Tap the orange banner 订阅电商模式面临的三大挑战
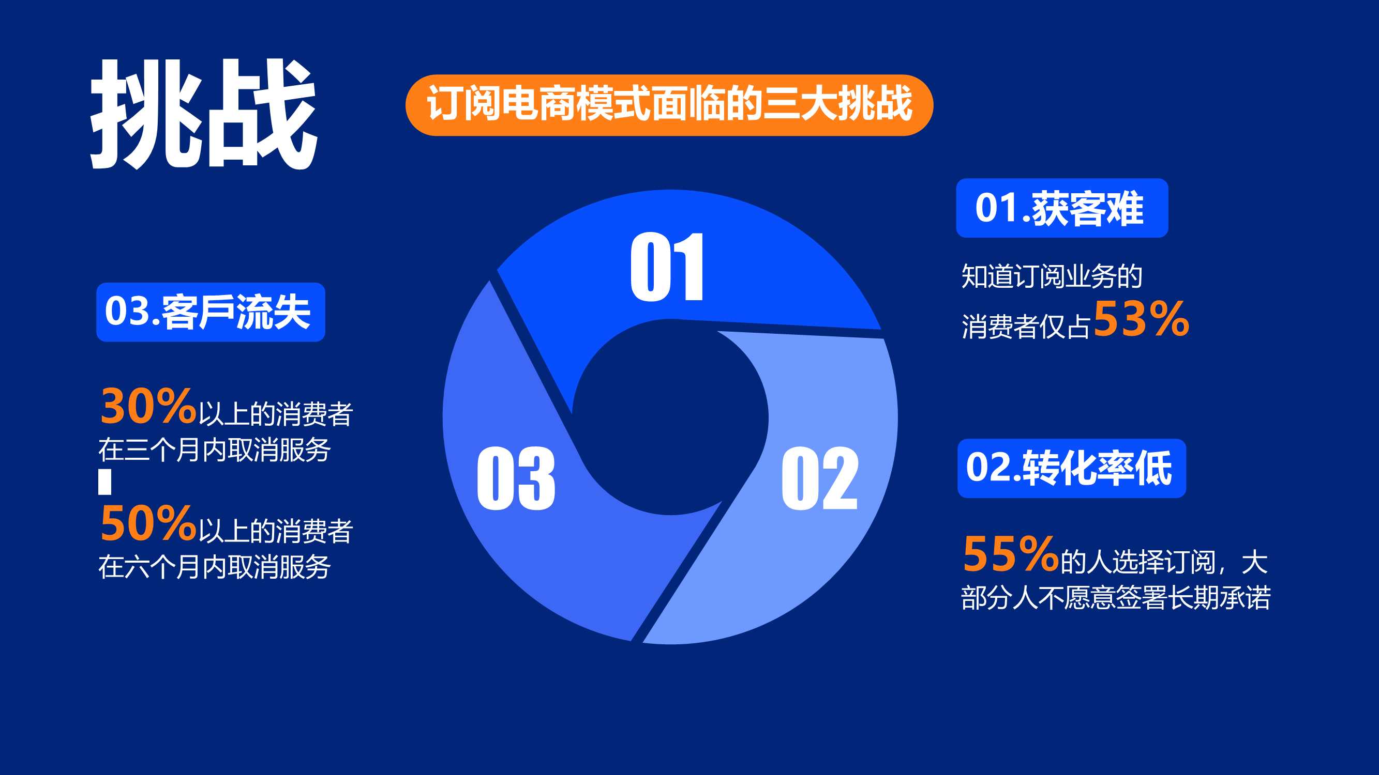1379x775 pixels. point(669,105)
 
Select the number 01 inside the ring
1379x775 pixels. point(667,267)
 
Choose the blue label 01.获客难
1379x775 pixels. point(1062,208)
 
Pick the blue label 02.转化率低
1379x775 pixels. point(1072,469)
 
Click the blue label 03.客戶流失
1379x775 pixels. point(211,312)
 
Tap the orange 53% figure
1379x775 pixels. point(1141,319)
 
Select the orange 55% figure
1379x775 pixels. point(1010,553)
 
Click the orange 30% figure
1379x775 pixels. point(148,407)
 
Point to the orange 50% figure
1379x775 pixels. point(148,523)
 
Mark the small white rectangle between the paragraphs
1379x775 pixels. point(105,482)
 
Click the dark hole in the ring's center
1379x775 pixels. point(670,417)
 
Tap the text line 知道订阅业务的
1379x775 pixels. point(1052,276)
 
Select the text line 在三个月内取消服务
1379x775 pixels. point(215,450)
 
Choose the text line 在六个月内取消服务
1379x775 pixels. point(215,567)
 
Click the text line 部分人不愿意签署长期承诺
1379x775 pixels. point(1116,598)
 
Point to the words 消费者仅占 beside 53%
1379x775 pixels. point(1026,326)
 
